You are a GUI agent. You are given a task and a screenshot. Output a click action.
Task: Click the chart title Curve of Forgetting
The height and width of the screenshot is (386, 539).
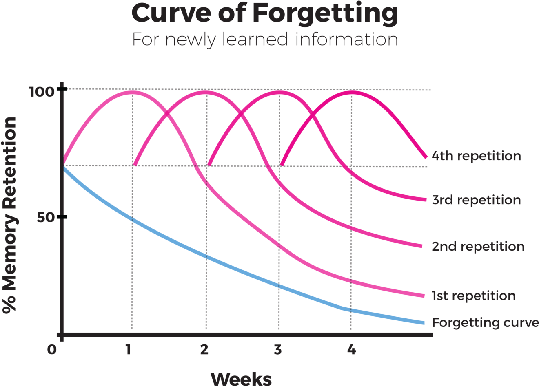click(265, 13)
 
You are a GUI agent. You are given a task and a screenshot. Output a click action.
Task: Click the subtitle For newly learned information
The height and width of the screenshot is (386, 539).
click(265, 40)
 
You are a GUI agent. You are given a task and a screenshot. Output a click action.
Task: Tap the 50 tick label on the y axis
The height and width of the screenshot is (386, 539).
click(45, 217)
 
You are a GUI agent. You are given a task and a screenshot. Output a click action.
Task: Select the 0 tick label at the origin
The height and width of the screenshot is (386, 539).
click(51, 350)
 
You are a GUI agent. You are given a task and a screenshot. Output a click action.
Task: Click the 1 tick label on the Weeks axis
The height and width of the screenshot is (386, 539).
click(129, 350)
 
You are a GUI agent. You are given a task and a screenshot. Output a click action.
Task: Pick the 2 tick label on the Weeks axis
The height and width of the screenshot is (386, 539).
click(204, 350)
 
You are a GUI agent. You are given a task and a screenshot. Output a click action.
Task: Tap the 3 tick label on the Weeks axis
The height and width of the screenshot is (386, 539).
click(278, 350)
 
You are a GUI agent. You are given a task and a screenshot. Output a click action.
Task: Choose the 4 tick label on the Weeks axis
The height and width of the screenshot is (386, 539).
click(351, 350)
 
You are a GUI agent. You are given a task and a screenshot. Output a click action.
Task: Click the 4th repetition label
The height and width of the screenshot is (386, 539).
click(476, 156)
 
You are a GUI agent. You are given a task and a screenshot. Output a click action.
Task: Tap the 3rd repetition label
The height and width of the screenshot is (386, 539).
click(476, 200)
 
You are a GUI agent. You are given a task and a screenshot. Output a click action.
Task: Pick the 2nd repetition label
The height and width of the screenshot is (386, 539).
click(478, 247)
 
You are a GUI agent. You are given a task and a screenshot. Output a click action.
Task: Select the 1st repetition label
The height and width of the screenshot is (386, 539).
click(473, 296)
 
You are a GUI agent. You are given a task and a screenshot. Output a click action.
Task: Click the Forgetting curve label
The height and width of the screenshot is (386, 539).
click(485, 323)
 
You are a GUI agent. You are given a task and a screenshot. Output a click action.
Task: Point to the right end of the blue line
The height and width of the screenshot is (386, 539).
click(424, 323)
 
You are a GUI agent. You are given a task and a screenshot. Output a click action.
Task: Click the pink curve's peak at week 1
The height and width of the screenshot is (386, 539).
click(131, 92)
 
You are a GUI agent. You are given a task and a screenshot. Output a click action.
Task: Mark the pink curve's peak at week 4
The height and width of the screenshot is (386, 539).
click(352, 92)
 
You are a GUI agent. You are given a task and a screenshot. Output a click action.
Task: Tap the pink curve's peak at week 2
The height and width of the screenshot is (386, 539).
click(205, 92)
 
